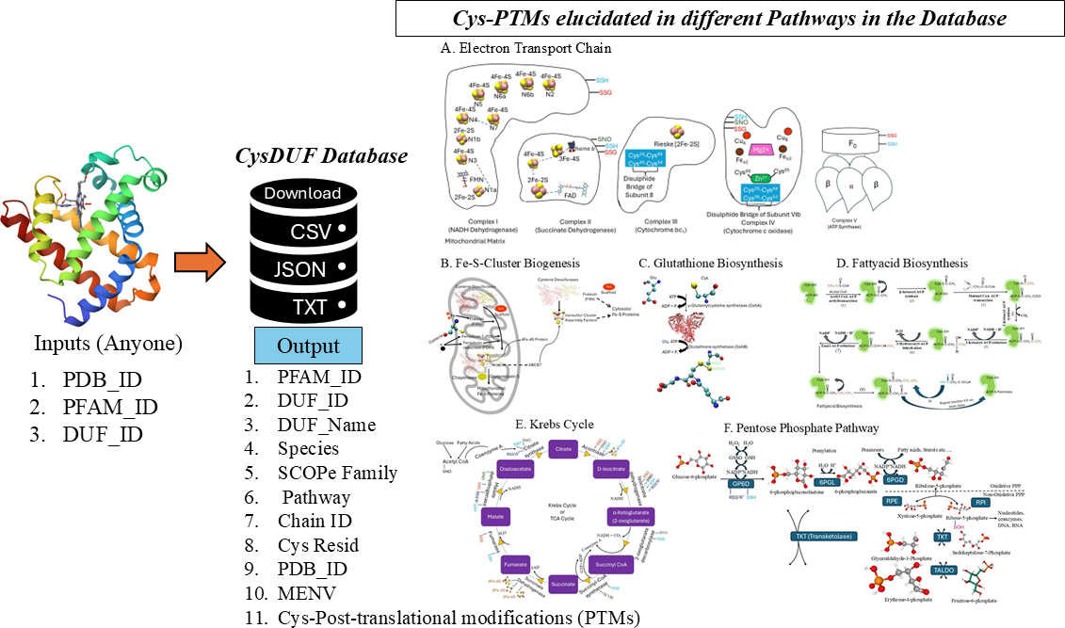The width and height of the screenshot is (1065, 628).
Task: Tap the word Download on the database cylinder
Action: tap(302, 193)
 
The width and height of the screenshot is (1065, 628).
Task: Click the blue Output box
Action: tap(308, 346)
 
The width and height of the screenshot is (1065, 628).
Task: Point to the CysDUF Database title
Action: tap(322, 155)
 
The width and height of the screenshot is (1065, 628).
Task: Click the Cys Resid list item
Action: tap(318, 545)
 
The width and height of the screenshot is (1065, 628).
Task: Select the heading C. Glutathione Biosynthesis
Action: tap(710, 263)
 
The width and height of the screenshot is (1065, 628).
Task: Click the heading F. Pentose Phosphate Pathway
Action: tap(808, 427)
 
